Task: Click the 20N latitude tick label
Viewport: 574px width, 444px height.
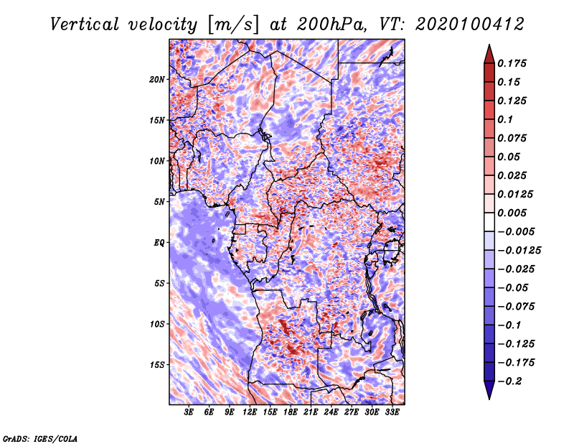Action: point(157,79)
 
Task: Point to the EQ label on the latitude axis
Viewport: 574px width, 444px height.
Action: point(159,242)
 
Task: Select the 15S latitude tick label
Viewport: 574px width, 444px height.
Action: point(157,365)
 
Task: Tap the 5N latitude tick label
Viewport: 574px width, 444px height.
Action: point(159,202)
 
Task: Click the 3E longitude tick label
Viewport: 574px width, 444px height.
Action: point(189,412)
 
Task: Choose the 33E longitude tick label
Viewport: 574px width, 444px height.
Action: point(392,412)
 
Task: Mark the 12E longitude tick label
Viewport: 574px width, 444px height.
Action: point(250,412)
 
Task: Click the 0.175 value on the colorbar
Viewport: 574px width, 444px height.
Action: point(512,63)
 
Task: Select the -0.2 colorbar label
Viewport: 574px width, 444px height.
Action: point(509,381)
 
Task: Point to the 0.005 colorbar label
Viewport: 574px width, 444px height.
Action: point(512,213)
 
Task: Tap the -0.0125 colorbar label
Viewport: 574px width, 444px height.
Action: point(519,251)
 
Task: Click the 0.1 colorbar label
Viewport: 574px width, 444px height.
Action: point(505,119)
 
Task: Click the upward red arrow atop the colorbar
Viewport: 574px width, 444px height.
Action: point(489,54)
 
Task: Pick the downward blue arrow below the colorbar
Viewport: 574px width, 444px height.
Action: point(489,390)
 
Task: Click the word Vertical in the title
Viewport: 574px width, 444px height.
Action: point(85,24)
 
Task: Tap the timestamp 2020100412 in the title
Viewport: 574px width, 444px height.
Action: point(470,24)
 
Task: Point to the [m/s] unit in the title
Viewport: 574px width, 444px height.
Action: point(233,25)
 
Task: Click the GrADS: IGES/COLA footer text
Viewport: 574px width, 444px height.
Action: point(40,438)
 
